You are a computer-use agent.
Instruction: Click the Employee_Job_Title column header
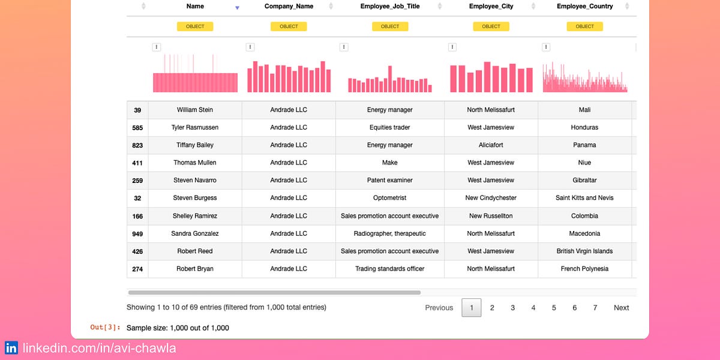[x=389, y=7]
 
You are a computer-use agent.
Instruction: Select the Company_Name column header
[x=289, y=7]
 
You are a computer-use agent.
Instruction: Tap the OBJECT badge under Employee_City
[x=491, y=26]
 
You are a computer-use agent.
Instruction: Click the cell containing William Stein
[x=195, y=110]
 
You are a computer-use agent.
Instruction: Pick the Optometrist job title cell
[x=389, y=198]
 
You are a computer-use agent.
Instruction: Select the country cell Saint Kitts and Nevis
[x=584, y=198]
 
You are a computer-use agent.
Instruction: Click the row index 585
[x=137, y=128]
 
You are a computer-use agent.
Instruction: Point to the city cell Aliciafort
[x=491, y=145]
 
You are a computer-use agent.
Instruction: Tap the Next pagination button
[x=621, y=308]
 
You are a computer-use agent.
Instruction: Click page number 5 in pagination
[x=554, y=308]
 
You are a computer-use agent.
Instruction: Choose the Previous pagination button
[x=439, y=308]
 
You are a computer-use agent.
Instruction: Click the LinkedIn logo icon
[x=11, y=348]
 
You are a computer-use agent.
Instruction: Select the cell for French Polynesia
[x=584, y=269]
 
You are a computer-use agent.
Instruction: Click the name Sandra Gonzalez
[x=195, y=233]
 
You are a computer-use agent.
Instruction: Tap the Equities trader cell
[x=389, y=128]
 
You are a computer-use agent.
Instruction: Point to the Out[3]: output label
[x=105, y=328]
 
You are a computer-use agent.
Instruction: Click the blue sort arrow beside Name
[x=237, y=8]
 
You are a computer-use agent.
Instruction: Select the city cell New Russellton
[x=491, y=216]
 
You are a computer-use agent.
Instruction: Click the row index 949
[x=137, y=234]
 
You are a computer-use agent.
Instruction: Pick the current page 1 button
[x=472, y=308]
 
